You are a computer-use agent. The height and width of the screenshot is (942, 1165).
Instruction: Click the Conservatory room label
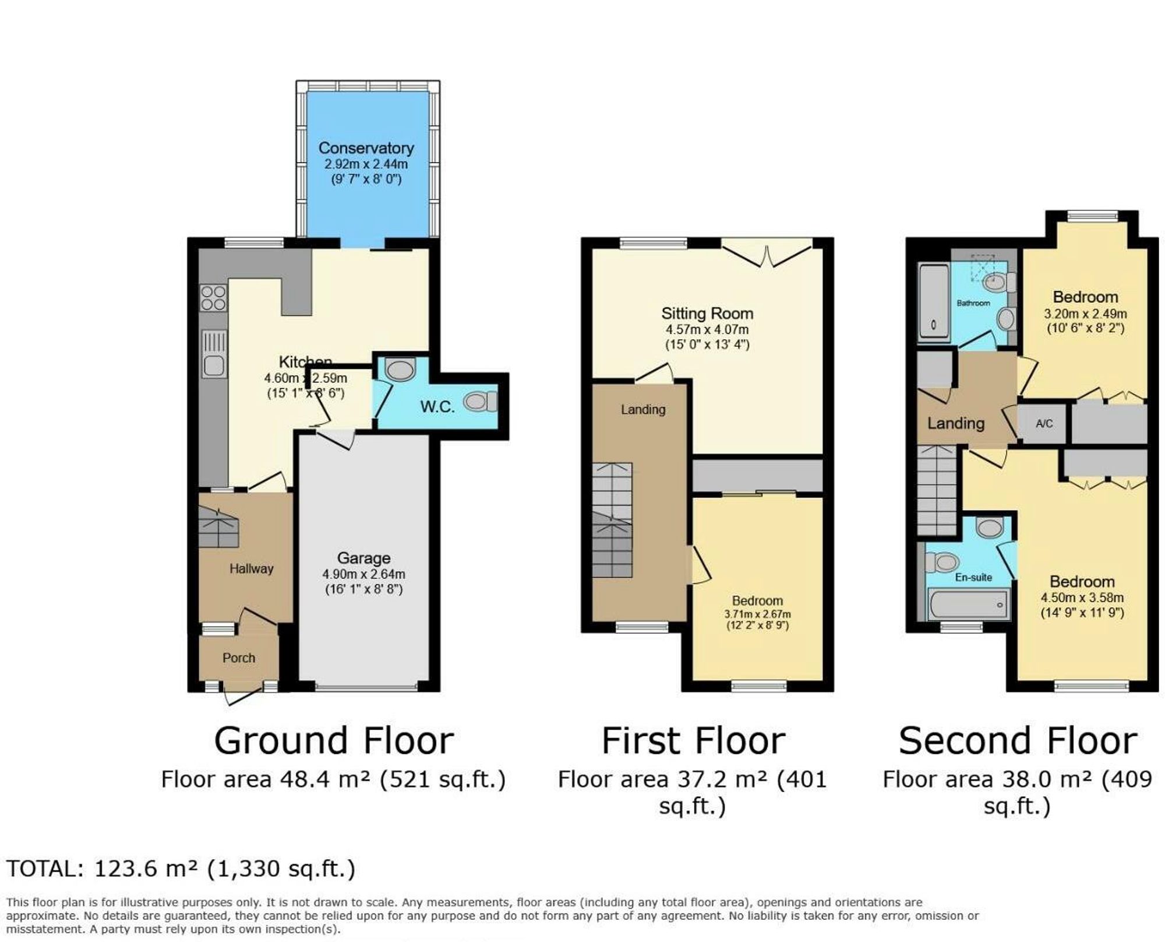[366, 148]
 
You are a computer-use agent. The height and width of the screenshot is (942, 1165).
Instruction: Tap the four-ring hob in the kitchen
[213, 298]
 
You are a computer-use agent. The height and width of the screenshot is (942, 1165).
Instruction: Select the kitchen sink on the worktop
[214, 354]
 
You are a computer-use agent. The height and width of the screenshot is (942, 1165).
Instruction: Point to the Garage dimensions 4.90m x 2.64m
[363, 574]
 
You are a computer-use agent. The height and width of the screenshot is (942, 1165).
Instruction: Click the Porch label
[239, 658]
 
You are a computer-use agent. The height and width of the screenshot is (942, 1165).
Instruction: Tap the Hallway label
[251, 568]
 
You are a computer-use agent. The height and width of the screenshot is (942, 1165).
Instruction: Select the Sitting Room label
[707, 313]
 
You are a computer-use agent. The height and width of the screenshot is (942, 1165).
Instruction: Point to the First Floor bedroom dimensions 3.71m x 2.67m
[757, 614]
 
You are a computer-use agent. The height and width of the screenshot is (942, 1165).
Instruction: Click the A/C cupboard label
[1044, 424]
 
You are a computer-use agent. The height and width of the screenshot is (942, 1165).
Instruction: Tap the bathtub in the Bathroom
[933, 303]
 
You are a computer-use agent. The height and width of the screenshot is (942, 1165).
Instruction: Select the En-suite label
[973, 577]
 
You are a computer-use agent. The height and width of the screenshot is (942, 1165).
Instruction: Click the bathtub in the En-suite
[969, 604]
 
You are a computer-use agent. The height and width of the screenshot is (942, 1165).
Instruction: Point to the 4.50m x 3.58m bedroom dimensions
[1082, 597]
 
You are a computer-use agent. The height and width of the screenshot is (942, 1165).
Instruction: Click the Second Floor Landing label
[955, 423]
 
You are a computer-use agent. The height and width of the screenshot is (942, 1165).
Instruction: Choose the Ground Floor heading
[334, 741]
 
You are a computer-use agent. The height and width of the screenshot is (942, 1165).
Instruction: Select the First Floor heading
[693, 741]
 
